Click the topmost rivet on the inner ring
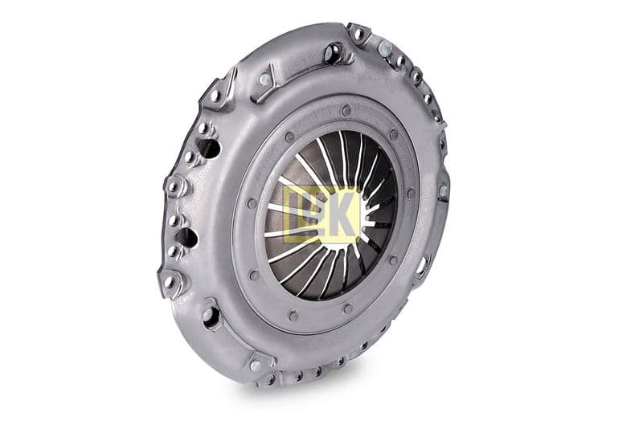pyautogui.click(x=346, y=110)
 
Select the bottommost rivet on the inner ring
pyautogui.click(x=293, y=316)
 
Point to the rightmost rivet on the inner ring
pyautogui.click(x=411, y=193)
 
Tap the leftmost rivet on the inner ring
pyautogui.click(x=252, y=203)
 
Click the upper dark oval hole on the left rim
pyautogui.click(x=209, y=149)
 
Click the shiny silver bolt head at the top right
pyautogui.click(x=385, y=49)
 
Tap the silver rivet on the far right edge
pyautogui.click(x=444, y=190)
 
